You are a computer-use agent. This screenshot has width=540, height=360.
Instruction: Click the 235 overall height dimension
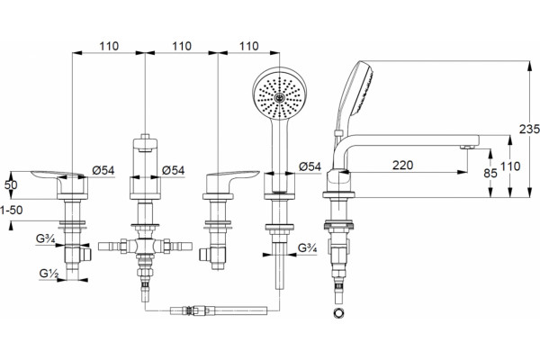[530, 129]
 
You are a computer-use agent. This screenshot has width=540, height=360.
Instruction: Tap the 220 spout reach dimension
[402, 166]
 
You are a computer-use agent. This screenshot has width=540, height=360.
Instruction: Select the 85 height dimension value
[490, 173]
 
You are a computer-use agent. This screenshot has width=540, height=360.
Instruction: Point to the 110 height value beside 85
[510, 166]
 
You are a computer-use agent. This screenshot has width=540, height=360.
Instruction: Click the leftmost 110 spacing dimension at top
[109, 46]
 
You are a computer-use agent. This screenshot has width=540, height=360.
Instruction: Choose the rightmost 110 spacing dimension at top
[248, 46]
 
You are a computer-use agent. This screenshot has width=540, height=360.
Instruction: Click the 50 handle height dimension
[11, 185]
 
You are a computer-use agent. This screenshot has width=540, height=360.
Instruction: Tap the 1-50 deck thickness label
[11, 210]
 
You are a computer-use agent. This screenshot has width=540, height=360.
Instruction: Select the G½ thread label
[49, 274]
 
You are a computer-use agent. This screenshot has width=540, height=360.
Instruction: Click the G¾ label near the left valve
[46, 238]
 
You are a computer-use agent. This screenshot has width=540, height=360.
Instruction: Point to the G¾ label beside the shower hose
[307, 247]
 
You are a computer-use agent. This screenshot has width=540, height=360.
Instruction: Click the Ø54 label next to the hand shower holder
[310, 166]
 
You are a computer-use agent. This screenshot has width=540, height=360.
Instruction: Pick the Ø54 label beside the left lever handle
[103, 170]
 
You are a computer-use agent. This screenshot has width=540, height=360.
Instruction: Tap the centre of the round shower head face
[279, 98]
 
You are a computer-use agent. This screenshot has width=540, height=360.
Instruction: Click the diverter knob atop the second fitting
[145, 143]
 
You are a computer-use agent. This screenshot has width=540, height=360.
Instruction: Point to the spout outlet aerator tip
[467, 147]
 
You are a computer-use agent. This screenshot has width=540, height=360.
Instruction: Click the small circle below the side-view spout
[338, 313]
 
